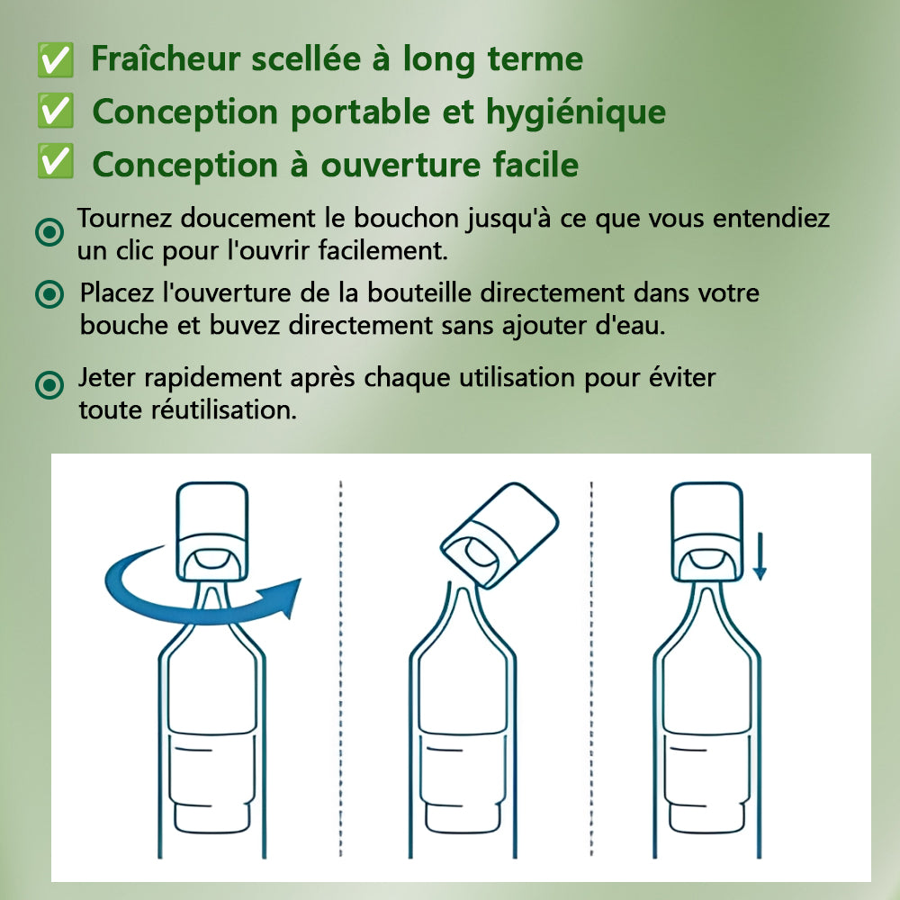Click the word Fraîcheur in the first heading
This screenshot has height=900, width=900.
166,58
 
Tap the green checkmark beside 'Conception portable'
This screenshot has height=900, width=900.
55,110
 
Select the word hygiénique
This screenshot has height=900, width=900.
576,112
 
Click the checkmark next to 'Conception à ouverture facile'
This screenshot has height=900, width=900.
55,161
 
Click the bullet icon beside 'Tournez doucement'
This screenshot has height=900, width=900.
49,232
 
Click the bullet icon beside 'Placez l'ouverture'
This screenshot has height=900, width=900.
49,294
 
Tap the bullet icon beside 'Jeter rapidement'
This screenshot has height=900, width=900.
49,384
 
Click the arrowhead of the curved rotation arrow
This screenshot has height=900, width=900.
287,597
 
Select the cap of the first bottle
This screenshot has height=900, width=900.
211,531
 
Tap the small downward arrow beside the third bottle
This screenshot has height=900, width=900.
760,555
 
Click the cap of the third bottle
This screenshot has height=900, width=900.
706,531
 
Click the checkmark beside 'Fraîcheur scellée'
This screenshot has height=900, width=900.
55,59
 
